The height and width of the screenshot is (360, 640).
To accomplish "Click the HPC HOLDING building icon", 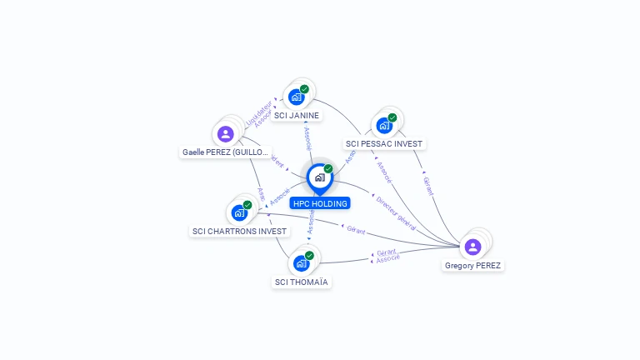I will click(x=319, y=177).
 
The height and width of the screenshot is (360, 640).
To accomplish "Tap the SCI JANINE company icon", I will click(x=297, y=97).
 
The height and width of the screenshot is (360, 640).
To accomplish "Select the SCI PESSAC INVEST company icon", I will click(x=384, y=125).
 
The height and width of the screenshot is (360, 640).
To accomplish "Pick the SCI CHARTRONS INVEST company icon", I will click(x=239, y=212).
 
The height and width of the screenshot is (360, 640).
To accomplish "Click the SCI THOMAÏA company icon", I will click(x=302, y=263).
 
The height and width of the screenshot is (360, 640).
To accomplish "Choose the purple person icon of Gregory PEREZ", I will click(x=473, y=247).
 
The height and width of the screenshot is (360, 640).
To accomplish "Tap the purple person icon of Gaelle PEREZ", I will click(x=225, y=134).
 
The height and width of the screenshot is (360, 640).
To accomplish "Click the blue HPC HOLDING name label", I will click(x=320, y=203).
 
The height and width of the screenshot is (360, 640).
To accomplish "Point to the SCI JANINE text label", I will click(x=297, y=116).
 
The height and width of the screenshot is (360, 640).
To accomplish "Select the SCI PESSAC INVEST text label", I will click(x=385, y=144).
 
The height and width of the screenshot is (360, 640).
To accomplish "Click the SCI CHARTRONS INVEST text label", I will click(x=239, y=232).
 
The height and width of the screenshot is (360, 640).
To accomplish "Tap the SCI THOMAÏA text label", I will click(x=302, y=282).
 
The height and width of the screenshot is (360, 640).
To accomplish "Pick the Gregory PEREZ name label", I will click(x=473, y=266).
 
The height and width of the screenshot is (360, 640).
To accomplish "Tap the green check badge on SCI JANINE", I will click(x=304, y=89).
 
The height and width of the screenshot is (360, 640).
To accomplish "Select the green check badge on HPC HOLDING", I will click(x=328, y=168).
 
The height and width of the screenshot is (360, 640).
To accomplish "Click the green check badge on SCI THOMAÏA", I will click(x=309, y=256).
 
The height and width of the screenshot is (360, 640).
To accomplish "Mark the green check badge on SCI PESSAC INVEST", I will click(x=392, y=117).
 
